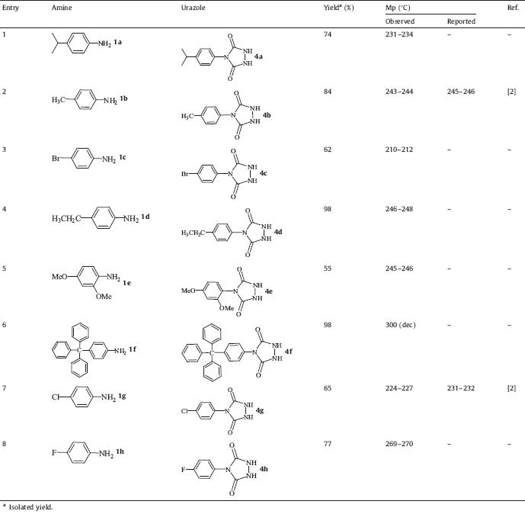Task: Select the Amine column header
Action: pos(61,6)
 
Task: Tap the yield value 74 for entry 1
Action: pos(328,35)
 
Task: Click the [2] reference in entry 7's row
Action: pos(511,389)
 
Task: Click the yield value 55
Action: pos(328,249)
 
